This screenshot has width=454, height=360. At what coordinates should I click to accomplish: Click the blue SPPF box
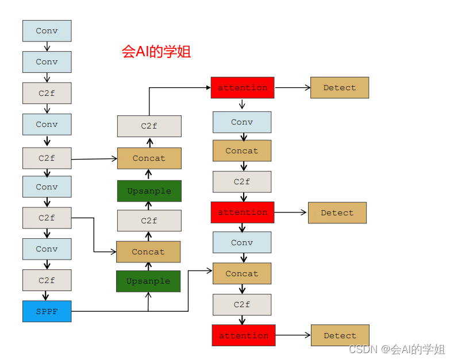(47, 311)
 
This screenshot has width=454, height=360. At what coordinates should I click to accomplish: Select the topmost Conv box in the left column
(47, 31)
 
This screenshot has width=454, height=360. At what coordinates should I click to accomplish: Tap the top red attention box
(242, 88)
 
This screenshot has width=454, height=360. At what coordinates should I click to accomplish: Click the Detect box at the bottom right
(340, 335)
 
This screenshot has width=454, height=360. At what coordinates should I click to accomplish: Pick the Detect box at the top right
(339, 88)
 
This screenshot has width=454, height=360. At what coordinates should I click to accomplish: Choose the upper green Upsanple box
(149, 191)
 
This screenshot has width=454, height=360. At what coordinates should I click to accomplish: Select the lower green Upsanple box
(148, 281)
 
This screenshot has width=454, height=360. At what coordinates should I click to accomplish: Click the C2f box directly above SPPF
(47, 280)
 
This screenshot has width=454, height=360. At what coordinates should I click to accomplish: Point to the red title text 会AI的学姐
(156, 52)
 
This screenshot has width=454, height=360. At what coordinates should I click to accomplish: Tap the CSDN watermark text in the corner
(397, 349)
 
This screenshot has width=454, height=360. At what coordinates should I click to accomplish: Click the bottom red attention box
(243, 335)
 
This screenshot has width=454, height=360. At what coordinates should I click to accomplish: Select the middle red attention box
(242, 212)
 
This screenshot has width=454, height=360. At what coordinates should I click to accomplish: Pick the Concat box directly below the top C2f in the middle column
(149, 158)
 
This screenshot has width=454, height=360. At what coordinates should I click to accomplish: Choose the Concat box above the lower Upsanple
(148, 251)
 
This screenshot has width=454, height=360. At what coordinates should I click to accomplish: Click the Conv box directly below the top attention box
(242, 122)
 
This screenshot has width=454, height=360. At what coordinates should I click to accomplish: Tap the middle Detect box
(337, 212)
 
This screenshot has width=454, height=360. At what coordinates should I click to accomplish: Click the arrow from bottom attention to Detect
(293, 335)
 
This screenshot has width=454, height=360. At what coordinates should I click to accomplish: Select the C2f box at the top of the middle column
(149, 126)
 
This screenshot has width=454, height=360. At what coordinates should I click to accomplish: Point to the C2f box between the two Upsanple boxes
(149, 220)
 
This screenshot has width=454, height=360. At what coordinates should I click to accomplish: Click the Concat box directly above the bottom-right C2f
(242, 274)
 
